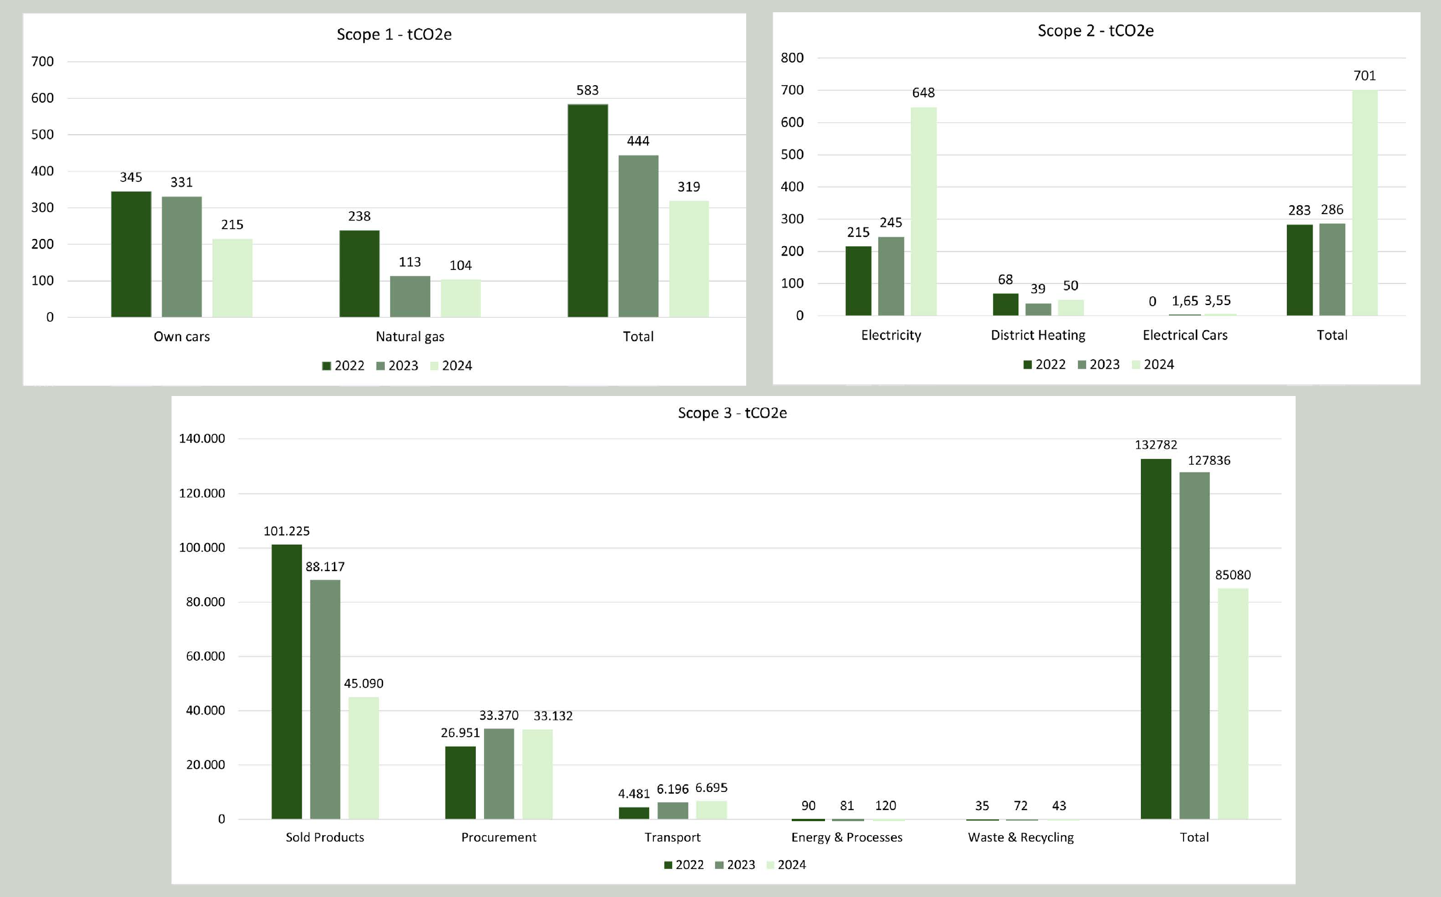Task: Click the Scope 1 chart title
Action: click(x=394, y=34)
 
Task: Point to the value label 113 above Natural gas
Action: click(x=410, y=262)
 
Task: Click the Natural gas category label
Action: click(x=410, y=337)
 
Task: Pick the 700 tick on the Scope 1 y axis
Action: click(x=42, y=61)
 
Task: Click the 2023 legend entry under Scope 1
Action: click(x=397, y=366)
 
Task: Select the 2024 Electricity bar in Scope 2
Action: click(x=923, y=211)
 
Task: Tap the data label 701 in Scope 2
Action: click(x=1365, y=75)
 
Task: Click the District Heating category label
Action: click(x=1038, y=335)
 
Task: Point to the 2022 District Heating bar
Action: click(x=1005, y=304)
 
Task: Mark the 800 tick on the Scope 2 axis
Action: click(x=792, y=58)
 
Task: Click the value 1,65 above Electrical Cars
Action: click(x=1185, y=301)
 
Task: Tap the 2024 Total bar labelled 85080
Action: click(x=1233, y=703)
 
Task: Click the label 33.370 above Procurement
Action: click(x=499, y=716)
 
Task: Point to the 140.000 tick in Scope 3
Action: click(x=202, y=439)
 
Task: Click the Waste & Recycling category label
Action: click(x=1021, y=837)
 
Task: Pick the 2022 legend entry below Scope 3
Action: click(x=683, y=864)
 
